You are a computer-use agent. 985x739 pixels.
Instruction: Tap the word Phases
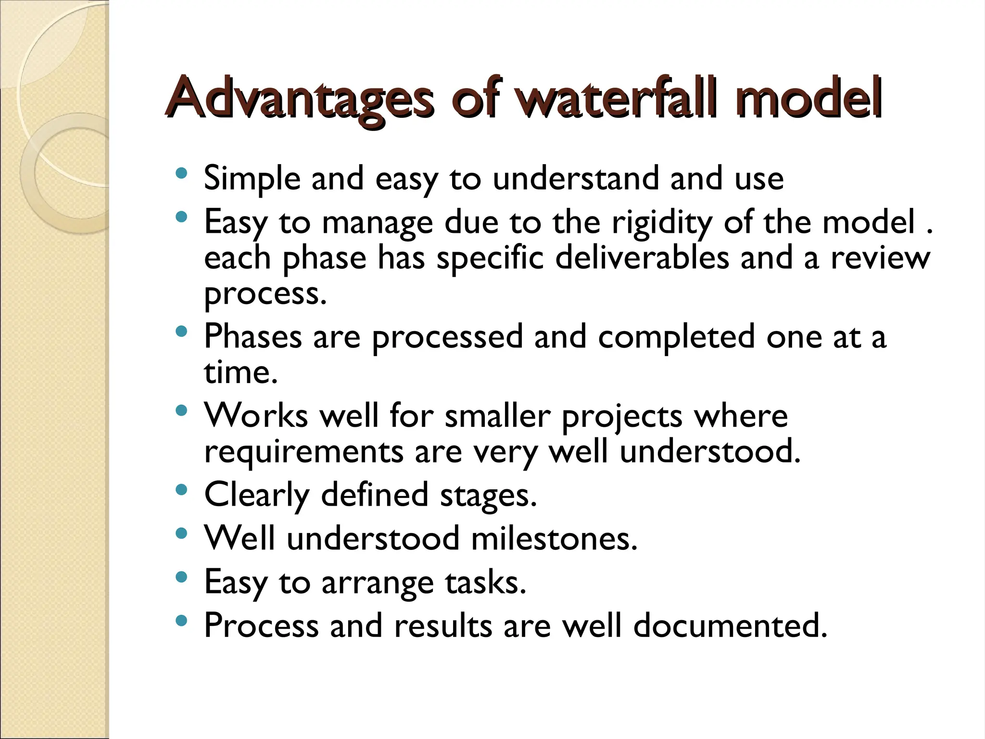253,336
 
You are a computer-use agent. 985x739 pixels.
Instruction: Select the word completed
676,337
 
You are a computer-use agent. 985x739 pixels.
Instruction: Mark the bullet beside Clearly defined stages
181,490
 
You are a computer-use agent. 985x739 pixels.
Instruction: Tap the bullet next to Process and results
181,621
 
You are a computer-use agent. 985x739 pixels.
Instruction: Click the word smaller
497,415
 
